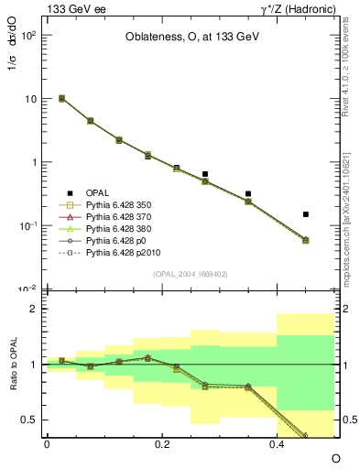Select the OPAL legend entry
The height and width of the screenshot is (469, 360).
click(98, 191)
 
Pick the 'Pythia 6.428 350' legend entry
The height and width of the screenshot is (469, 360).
click(119, 205)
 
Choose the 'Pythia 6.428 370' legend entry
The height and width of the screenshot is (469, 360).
click(119, 220)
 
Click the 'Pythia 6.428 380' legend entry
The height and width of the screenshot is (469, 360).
click(119, 234)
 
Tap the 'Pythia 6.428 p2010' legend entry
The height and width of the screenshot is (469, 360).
click(123, 262)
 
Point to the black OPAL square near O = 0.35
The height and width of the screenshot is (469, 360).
click(248, 194)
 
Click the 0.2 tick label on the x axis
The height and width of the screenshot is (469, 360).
click(162, 443)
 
